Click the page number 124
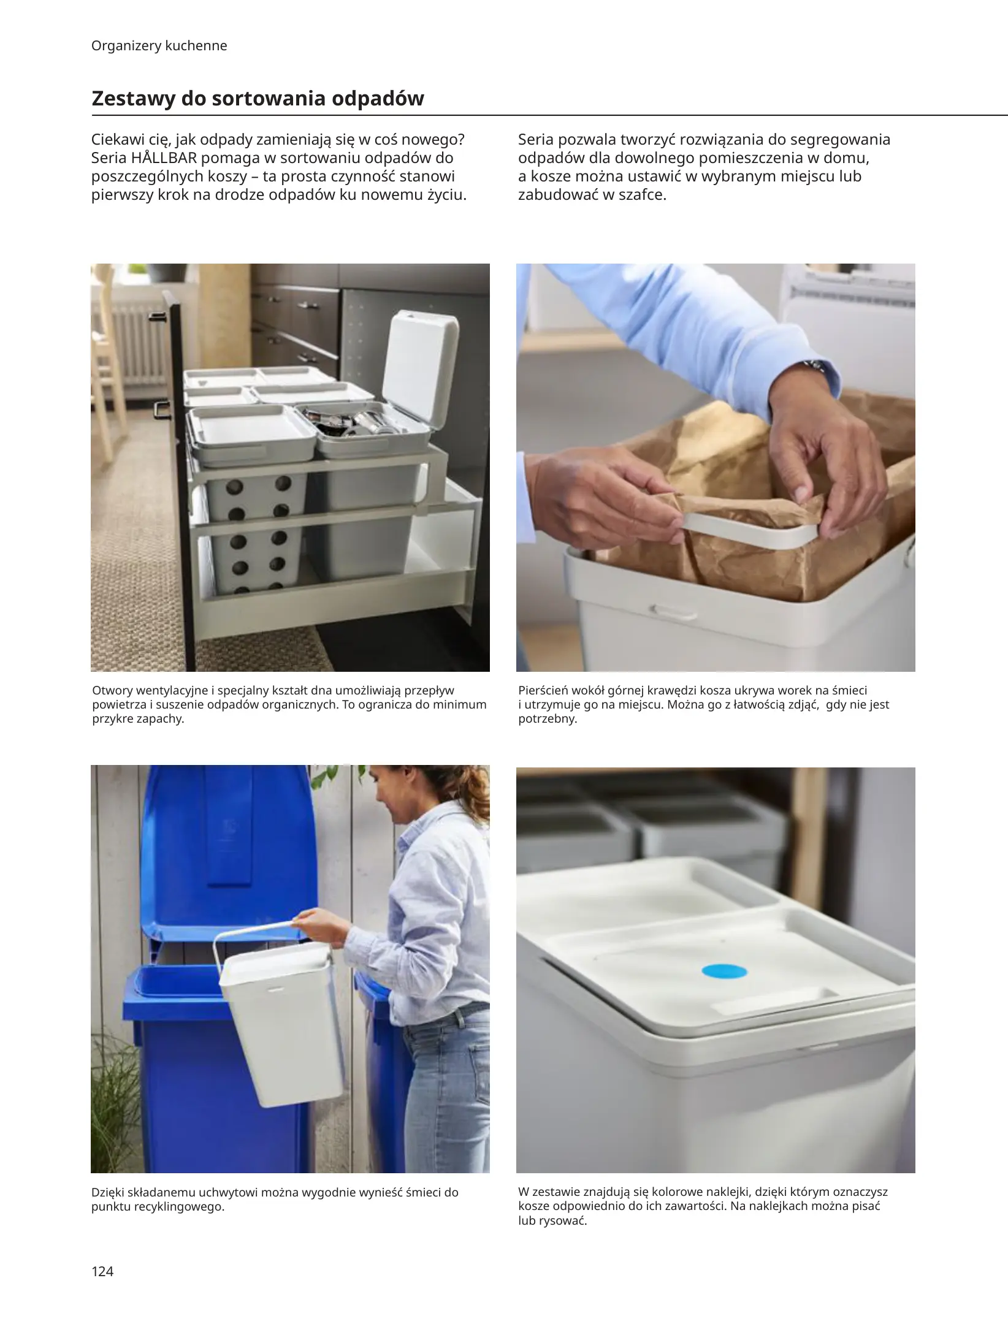(102, 1271)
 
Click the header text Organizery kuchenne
(159, 46)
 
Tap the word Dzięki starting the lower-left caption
(112, 1193)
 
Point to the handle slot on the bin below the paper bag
(673, 612)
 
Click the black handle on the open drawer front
(161, 409)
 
